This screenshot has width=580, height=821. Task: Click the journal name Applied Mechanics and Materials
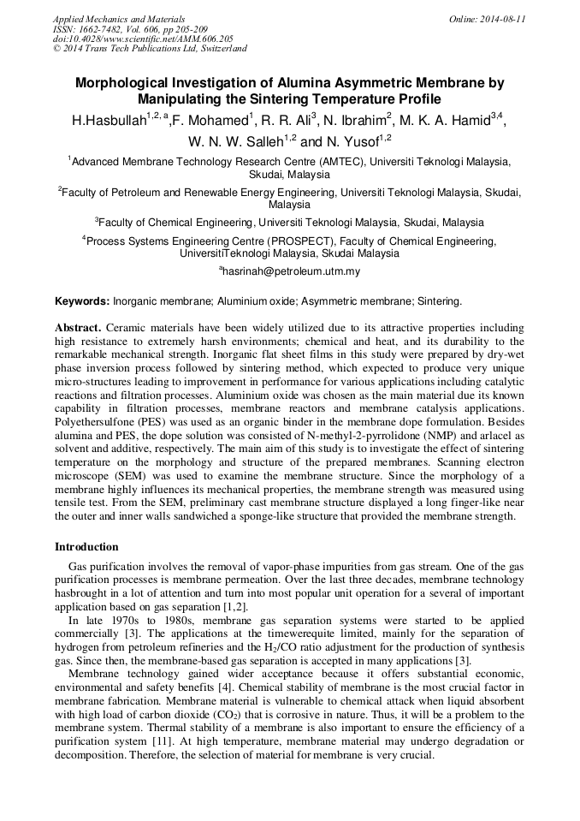119,18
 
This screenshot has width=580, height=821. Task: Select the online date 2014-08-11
500,18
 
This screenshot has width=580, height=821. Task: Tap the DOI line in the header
142,39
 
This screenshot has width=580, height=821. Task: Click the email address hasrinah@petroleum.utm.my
292,271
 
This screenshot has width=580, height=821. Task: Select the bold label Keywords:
82,301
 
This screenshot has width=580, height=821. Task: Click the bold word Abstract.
79,328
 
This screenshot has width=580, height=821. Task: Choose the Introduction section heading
86,546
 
